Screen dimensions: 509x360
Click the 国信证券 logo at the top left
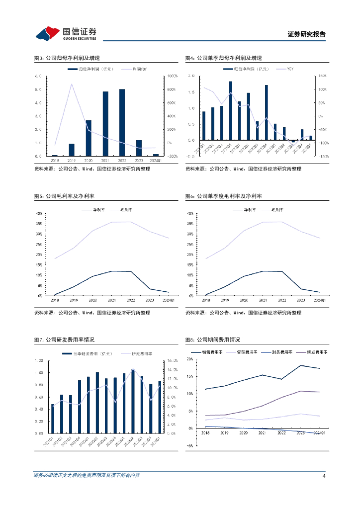pos(66,33)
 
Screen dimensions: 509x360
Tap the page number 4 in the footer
pos(324,476)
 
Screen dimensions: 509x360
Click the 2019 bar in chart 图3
pos(72,150)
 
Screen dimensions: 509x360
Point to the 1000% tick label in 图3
pos(173,76)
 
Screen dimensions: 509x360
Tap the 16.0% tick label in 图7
pos(173,360)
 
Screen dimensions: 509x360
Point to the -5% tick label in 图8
pos(189,446)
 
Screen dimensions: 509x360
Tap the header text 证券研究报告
pos(307,34)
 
